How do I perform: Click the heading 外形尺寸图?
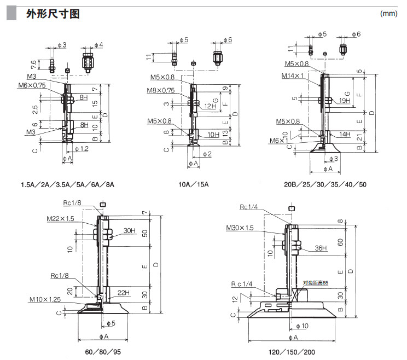(x=53, y=14)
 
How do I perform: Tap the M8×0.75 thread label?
(x=160, y=91)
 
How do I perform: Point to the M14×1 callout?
(x=293, y=76)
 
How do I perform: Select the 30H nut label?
(x=130, y=230)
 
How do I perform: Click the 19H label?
(x=344, y=101)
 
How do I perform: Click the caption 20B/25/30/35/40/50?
(x=325, y=184)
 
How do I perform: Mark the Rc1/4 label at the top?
(x=249, y=207)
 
